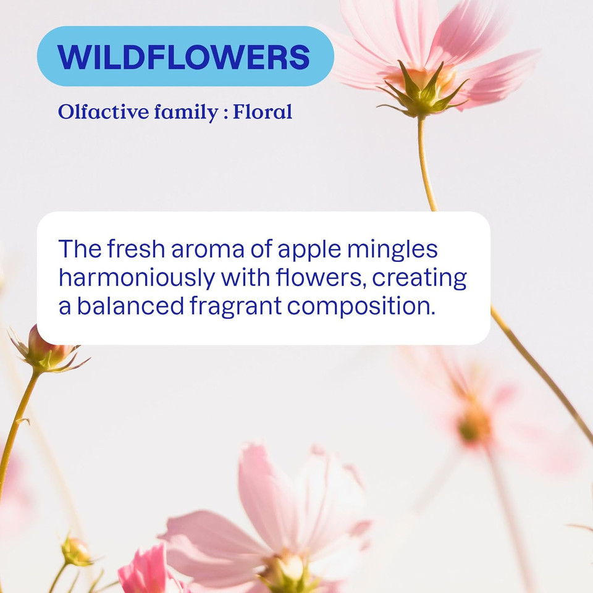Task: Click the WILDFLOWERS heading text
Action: point(184,57)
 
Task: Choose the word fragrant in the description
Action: point(236,307)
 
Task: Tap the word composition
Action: point(363,307)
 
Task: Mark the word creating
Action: point(419,279)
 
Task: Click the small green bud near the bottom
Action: point(76,551)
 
